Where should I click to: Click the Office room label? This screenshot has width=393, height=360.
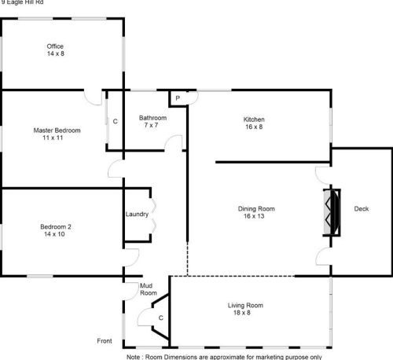pos(54,46)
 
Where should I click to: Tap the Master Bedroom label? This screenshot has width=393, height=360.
pos(53,130)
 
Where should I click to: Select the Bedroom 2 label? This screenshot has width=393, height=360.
pos(56,227)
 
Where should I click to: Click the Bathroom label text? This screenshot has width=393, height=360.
pos(152,118)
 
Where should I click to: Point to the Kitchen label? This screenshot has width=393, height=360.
pos(254,119)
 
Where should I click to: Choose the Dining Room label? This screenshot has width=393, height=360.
pos(256,208)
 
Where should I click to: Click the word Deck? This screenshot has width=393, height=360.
pos(362,208)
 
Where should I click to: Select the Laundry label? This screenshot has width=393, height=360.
pos(137,214)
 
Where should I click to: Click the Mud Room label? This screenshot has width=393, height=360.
pos(147,288)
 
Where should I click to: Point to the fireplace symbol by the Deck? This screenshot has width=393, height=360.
pos(332,212)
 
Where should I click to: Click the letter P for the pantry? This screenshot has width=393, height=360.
pos(178,97)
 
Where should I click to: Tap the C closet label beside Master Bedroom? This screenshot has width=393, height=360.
pos(115,122)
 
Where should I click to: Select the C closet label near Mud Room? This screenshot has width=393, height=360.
pos(160,318)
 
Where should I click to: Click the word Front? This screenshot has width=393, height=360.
pos(104,341)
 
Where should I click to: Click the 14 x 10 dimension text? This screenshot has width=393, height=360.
pos(56,235)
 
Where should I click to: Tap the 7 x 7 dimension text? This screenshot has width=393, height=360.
pos(152,126)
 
